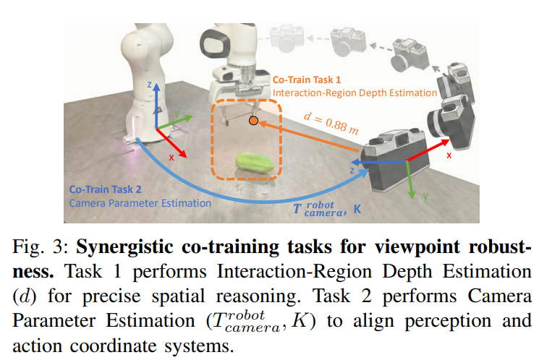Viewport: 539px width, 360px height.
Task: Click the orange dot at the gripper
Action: click(253, 121)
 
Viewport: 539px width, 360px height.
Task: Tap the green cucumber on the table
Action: click(255, 163)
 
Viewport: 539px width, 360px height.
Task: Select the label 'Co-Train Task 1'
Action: click(307, 80)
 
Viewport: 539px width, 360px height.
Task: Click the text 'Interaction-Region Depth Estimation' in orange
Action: click(355, 93)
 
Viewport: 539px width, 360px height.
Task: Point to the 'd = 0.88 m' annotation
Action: click(331, 123)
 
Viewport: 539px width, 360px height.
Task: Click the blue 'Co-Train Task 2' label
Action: click(105, 189)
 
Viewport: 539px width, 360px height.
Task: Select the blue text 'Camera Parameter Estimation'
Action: click(140, 203)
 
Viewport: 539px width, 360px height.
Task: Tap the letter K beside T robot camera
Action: click(357, 209)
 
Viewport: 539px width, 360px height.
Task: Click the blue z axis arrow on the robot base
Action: click(156, 106)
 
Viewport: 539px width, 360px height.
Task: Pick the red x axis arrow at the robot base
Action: click(171, 143)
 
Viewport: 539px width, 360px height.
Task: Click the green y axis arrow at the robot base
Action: click(174, 122)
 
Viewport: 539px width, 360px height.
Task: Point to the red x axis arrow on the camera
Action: click(428, 150)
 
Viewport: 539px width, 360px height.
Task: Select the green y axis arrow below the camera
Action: click(409, 179)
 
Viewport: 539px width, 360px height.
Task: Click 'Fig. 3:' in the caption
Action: click(41, 247)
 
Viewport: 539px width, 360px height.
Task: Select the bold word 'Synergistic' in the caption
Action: click(124, 247)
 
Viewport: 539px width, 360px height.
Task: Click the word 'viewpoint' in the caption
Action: click(417, 247)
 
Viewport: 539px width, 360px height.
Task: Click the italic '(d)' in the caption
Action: click(24, 296)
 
